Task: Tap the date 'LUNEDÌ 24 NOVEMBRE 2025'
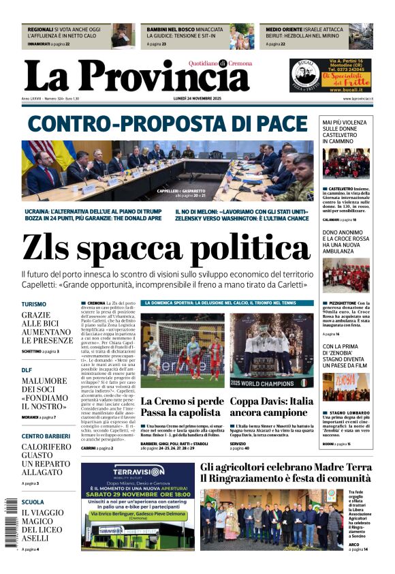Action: click(x=197, y=99)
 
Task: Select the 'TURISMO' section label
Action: click(x=34, y=305)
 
